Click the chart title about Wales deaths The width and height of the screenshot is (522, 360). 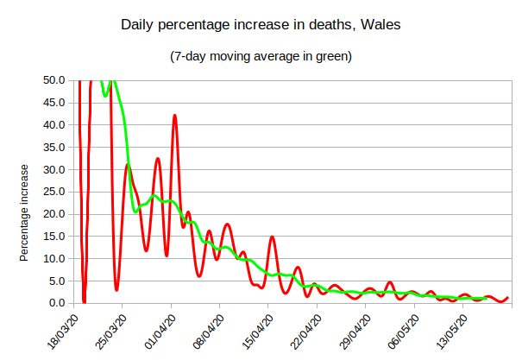point(261,27)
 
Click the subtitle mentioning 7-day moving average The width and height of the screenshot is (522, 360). point(261,58)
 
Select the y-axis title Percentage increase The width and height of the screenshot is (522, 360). point(25,212)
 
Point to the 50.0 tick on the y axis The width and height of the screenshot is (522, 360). point(53,80)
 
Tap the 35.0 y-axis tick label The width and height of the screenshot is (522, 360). point(53,147)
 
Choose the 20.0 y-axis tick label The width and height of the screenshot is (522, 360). point(53,214)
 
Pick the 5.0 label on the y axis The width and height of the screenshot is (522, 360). point(57,281)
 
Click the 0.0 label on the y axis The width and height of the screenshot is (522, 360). point(57,303)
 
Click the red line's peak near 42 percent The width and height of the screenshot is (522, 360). point(174,115)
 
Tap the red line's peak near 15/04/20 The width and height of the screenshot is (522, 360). point(272,237)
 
